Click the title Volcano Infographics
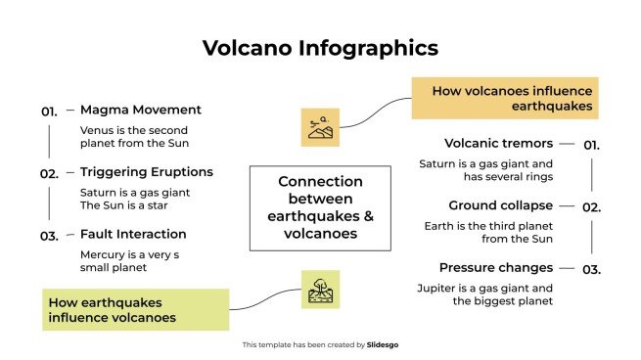[320, 48]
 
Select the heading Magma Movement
[141, 110]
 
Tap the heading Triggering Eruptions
[147, 172]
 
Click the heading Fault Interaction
[133, 235]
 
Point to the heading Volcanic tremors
[498, 143]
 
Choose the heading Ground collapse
[500, 205]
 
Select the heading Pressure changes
[495, 267]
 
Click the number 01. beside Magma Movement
[50, 112]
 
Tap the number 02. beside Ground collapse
[591, 207]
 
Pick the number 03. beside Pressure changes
[591, 269]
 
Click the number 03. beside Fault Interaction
[50, 236]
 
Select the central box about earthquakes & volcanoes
[320, 207]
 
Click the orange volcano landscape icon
[320, 127]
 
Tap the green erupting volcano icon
[320, 290]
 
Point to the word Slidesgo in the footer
[383, 344]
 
